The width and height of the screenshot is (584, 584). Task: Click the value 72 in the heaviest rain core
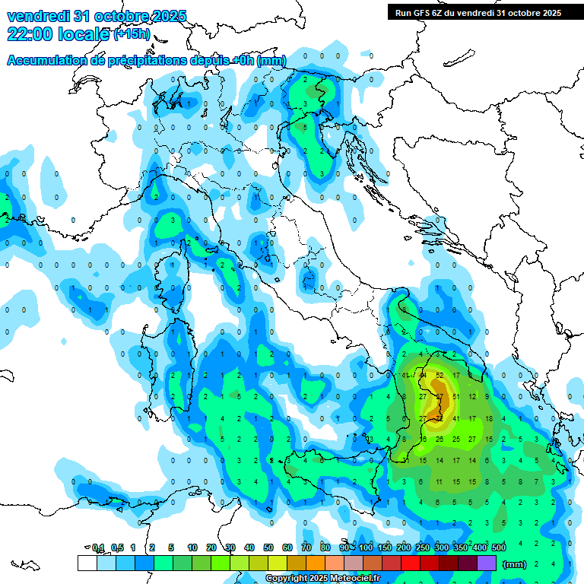tap(440, 417)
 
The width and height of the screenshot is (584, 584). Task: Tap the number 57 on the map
tap(440, 396)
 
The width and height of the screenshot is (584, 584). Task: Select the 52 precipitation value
tap(440, 375)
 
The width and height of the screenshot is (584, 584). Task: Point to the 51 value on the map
tap(456, 396)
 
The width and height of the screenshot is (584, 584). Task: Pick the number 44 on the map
tap(423, 375)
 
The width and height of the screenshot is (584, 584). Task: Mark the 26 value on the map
tap(440, 439)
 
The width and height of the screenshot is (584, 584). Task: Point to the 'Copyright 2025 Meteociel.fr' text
tap(323, 579)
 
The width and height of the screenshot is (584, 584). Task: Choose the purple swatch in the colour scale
tap(487, 563)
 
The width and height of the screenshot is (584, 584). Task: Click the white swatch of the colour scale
tap(87, 563)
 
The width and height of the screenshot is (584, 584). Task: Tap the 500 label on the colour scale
tap(499, 547)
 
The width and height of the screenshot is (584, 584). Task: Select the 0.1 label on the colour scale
tap(97, 547)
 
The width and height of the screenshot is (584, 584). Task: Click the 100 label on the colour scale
tap(366, 547)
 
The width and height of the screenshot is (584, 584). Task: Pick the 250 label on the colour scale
tap(423, 547)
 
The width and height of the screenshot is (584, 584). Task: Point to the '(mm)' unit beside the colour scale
tap(515, 563)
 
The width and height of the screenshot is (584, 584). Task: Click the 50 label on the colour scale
tap(268, 547)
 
